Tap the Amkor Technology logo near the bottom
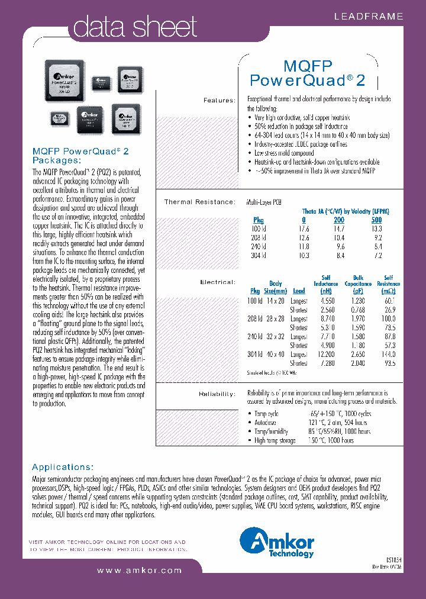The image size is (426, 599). (x=277, y=543)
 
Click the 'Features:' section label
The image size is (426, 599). (x=219, y=100)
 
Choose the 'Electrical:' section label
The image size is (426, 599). (x=218, y=282)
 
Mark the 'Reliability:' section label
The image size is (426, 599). (x=217, y=393)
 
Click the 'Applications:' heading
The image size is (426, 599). (x=63, y=466)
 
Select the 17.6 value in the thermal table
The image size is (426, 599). (x=304, y=228)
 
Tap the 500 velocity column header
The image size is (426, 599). (x=376, y=220)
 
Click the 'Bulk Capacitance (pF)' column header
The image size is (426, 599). (x=359, y=284)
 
